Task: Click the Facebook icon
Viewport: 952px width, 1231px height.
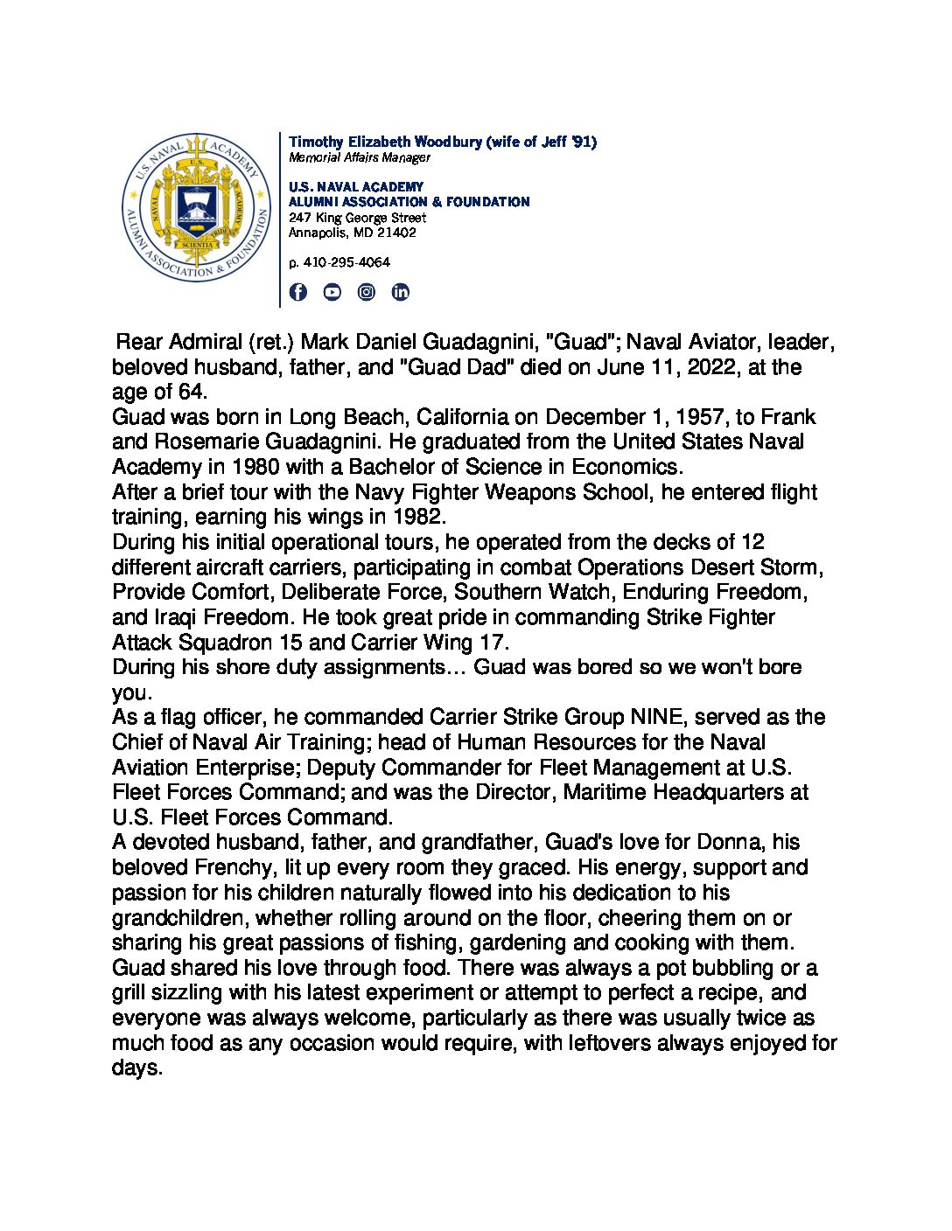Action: [298, 292]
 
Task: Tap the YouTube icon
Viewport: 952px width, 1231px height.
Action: [332, 292]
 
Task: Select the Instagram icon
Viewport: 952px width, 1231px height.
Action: [367, 292]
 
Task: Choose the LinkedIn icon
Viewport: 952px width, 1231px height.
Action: [400, 292]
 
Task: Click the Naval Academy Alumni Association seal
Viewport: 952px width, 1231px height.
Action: [196, 207]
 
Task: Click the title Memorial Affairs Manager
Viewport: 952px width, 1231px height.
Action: [360, 158]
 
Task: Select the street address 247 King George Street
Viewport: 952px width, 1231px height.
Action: [357, 218]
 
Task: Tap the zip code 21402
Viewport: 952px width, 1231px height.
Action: [397, 233]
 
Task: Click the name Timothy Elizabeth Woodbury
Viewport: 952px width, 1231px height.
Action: [385, 142]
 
